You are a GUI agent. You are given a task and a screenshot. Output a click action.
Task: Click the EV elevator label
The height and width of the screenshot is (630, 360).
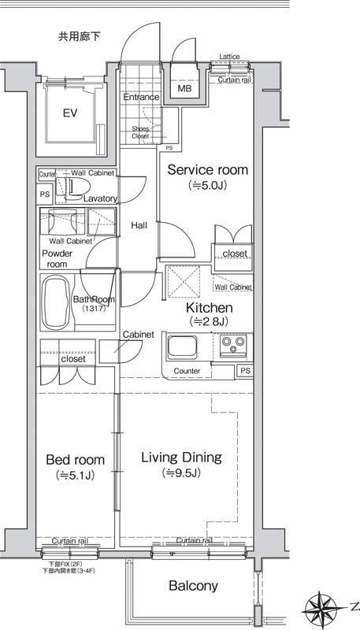point(70,113)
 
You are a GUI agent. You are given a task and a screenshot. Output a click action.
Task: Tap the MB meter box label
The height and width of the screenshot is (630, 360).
point(184,89)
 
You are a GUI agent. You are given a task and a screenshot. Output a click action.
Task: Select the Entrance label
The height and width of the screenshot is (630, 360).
point(141,97)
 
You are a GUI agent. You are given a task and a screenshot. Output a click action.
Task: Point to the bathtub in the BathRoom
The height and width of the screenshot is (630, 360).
point(56,302)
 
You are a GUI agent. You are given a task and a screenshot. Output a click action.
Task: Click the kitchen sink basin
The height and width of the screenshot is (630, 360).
point(182,347)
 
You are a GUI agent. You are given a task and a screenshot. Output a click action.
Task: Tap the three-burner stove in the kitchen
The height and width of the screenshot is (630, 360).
point(233,346)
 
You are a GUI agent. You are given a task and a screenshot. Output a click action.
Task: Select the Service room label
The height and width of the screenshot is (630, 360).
point(208,170)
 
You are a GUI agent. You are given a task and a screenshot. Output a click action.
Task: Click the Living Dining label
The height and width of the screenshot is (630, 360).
point(181,458)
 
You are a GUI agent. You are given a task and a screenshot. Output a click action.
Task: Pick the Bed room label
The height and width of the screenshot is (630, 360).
point(76,459)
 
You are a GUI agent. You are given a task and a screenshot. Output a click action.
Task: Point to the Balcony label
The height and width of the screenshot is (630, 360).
point(193,586)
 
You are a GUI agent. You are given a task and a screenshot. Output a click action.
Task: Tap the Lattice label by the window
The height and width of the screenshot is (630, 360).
point(229,57)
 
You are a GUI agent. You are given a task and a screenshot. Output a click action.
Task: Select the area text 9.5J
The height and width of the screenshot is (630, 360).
point(181,473)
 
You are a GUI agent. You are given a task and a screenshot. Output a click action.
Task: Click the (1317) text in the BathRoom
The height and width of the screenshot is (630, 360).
point(94,309)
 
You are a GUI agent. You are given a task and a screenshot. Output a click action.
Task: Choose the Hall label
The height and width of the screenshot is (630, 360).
point(139,225)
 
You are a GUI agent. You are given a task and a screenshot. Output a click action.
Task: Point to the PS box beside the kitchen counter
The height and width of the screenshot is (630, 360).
point(245,371)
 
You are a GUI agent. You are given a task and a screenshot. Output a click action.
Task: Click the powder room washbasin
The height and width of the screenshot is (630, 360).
point(62,221)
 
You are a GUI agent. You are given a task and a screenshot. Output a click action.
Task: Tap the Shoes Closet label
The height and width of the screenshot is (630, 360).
point(141,132)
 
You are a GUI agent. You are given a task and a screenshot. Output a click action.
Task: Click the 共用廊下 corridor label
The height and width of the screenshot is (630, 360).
point(79,37)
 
